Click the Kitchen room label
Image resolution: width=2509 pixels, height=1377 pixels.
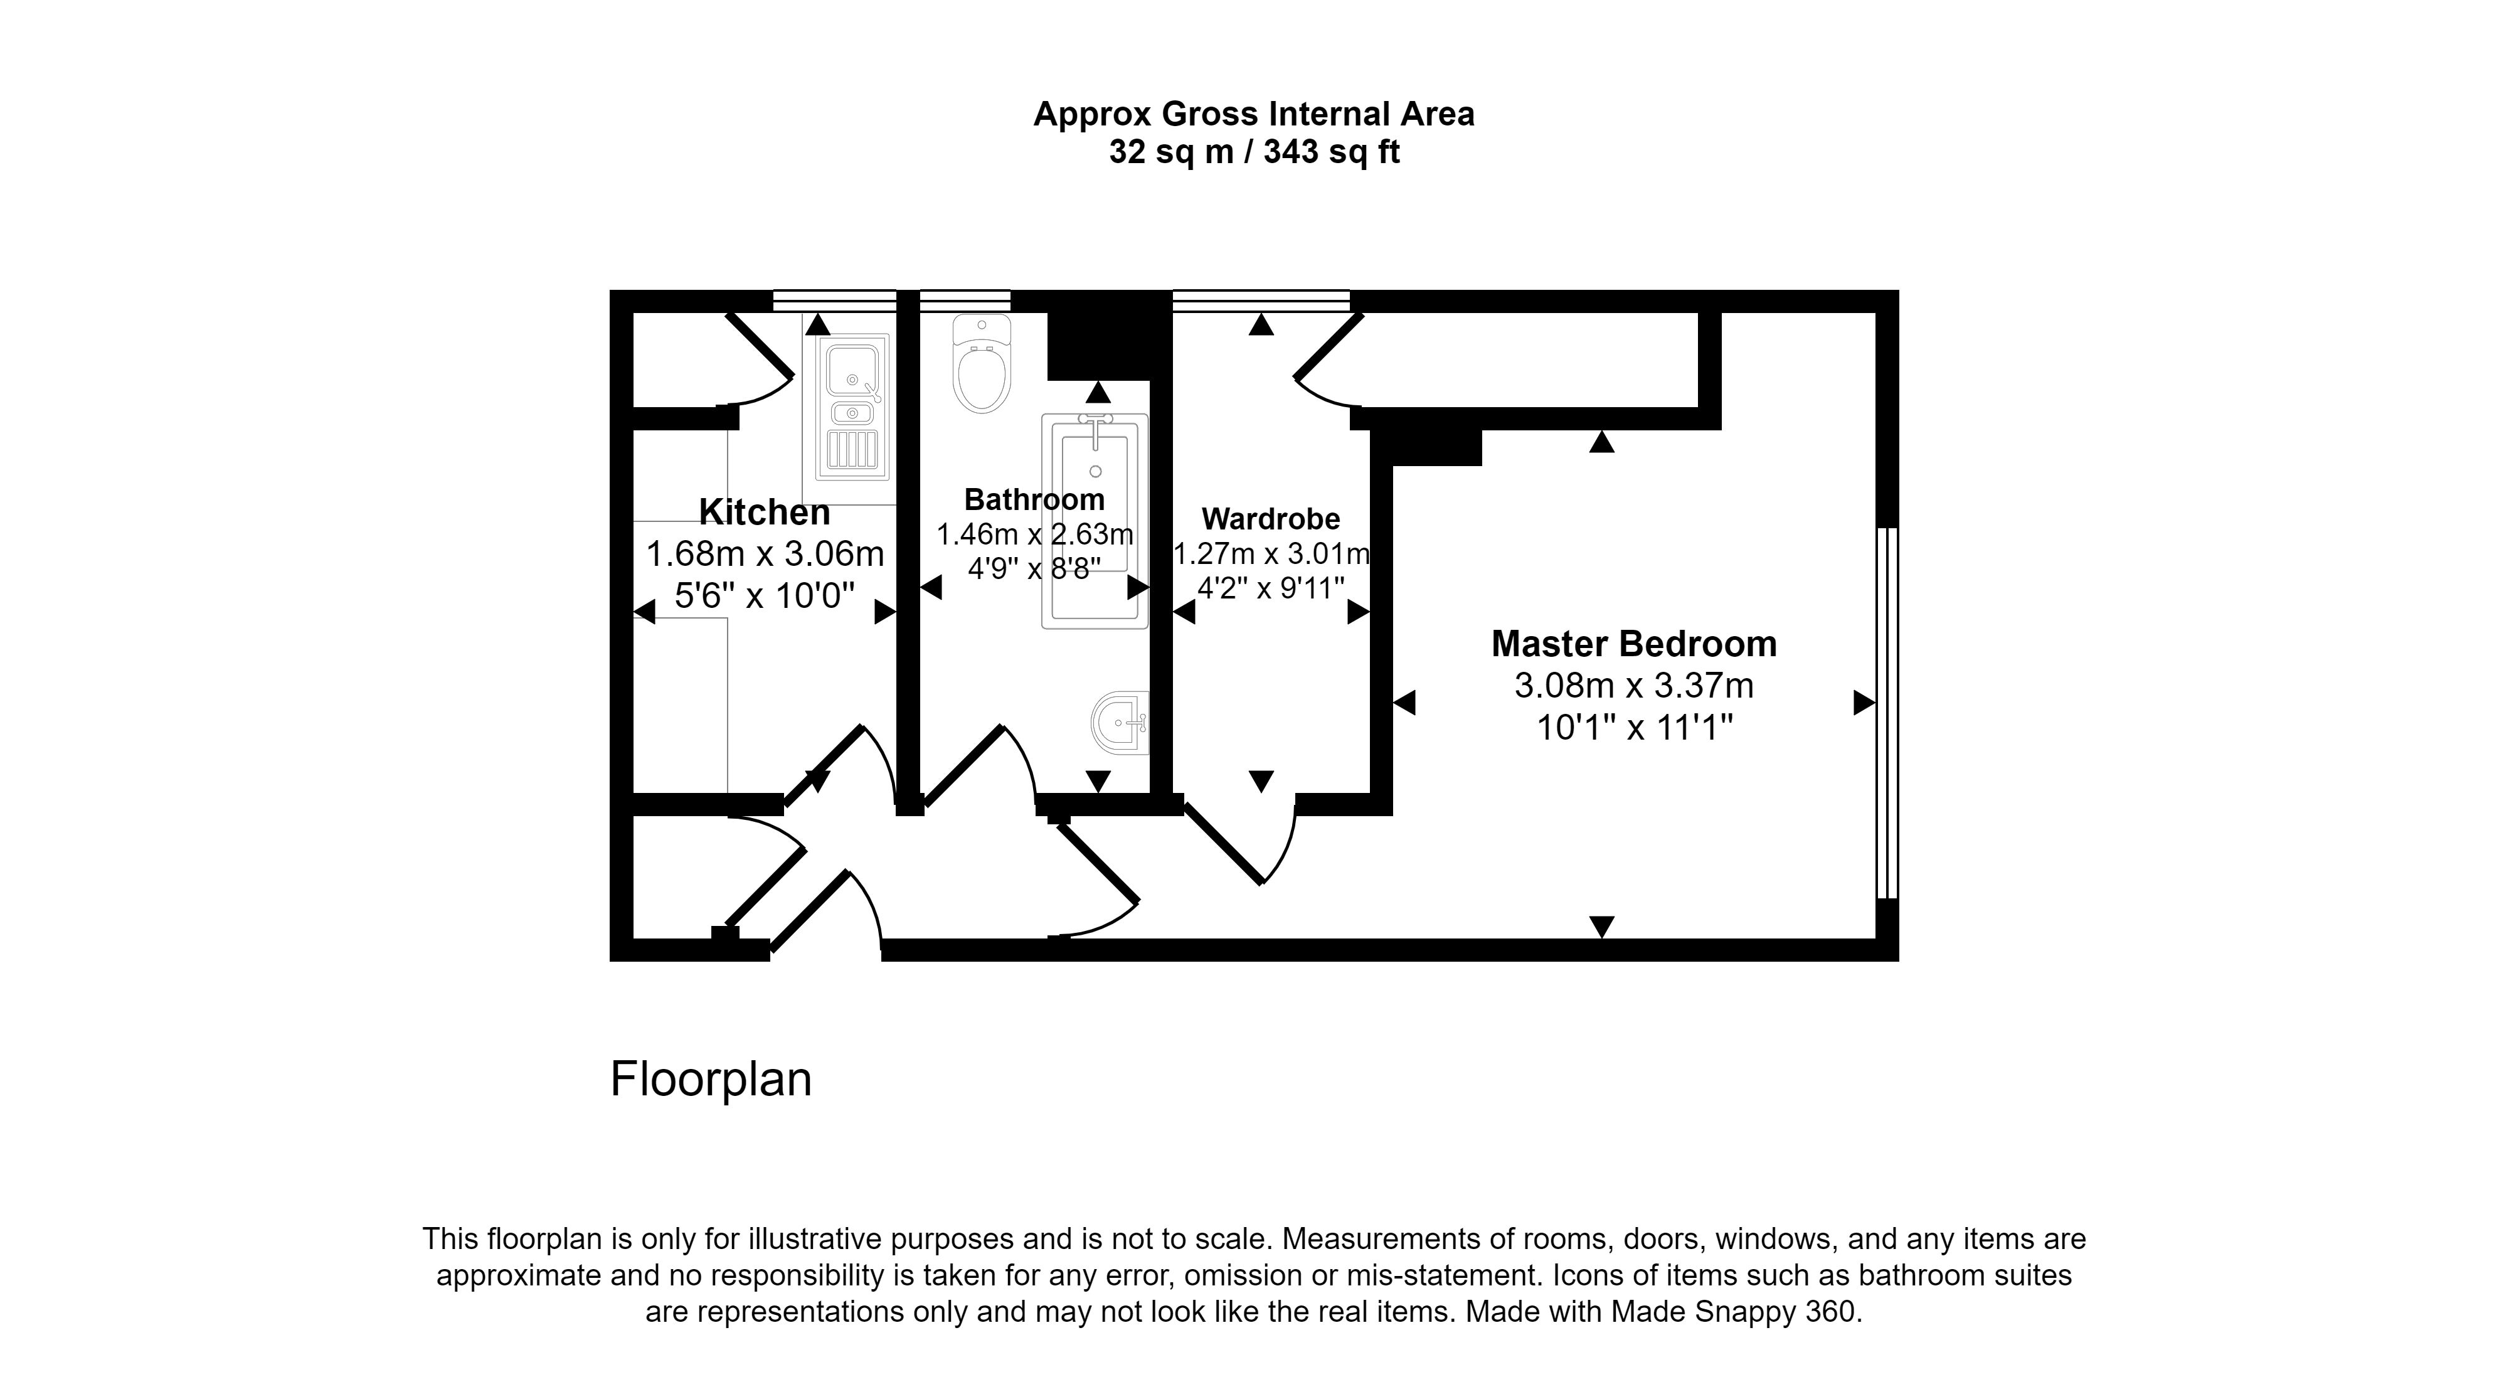point(765,513)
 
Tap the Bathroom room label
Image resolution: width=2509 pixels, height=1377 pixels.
point(1034,499)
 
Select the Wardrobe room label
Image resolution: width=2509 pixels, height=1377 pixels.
point(1271,519)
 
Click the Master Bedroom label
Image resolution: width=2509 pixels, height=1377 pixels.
point(1635,644)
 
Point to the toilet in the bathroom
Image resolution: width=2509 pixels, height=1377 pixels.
point(982,363)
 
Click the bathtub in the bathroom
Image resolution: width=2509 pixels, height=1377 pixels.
point(1095,521)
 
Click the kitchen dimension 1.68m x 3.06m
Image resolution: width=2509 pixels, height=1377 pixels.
point(765,554)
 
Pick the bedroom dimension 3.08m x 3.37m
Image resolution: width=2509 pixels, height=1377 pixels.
point(1635,686)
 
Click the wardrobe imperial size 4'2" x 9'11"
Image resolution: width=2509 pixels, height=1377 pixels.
point(1271,588)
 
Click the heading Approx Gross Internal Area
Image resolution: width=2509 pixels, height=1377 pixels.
point(1254,114)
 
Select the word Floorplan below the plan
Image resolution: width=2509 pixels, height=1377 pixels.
point(711,1079)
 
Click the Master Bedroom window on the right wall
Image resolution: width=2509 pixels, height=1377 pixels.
point(1887,713)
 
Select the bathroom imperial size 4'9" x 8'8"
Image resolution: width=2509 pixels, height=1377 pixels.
point(1034,568)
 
